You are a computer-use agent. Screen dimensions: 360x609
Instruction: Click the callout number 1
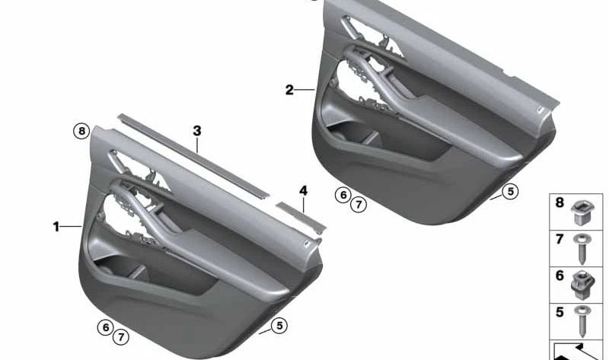pyautogui.click(x=56, y=226)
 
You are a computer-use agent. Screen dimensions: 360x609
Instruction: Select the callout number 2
pyautogui.click(x=289, y=90)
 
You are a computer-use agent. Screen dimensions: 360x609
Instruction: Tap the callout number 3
pyautogui.click(x=197, y=131)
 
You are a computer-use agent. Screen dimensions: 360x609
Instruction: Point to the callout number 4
pyautogui.click(x=303, y=190)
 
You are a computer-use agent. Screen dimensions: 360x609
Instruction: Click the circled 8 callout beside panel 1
pyautogui.click(x=81, y=131)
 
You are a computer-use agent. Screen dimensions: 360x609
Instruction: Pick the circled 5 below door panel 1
pyautogui.click(x=279, y=326)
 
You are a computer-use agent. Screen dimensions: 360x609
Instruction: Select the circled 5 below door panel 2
pyautogui.click(x=510, y=192)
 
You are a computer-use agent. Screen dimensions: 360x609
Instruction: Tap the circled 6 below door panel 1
pyautogui.click(x=105, y=327)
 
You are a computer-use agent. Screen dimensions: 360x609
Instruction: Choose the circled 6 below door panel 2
pyautogui.click(x=343, y=195)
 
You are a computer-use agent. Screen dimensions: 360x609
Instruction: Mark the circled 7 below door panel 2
pyautogui.click(x=358, y=204)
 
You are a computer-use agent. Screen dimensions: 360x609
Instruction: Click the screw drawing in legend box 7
pyautogui.click(x=582, y=249)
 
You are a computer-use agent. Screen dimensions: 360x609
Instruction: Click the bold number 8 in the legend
pyautogui.click(x=560, y=203)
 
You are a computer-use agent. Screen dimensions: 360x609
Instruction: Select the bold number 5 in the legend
pyautogui.click(x=560, y=312)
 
